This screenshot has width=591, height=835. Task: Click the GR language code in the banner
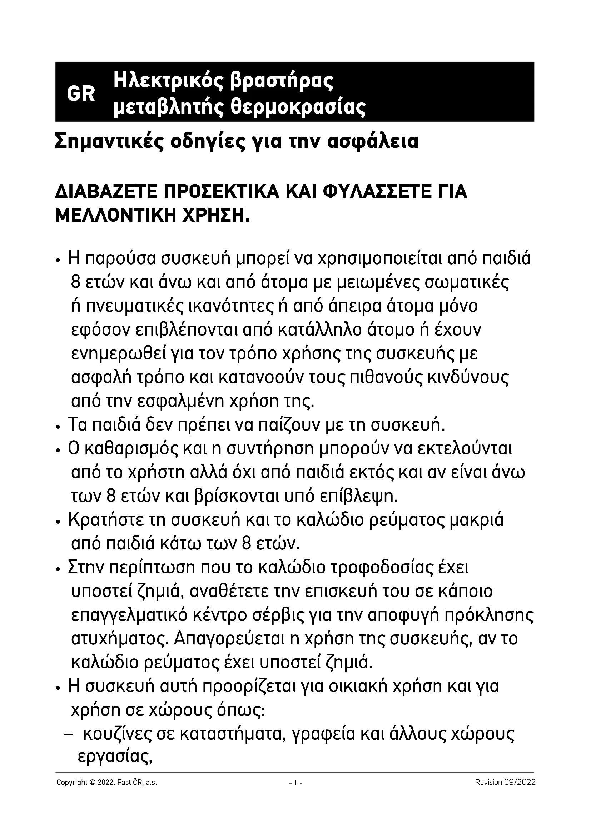(81, 94)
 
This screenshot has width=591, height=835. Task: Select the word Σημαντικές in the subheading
(108, 142)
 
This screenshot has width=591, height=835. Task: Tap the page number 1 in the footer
(295, 783)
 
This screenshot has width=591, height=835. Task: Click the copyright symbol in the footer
(93, 783)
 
